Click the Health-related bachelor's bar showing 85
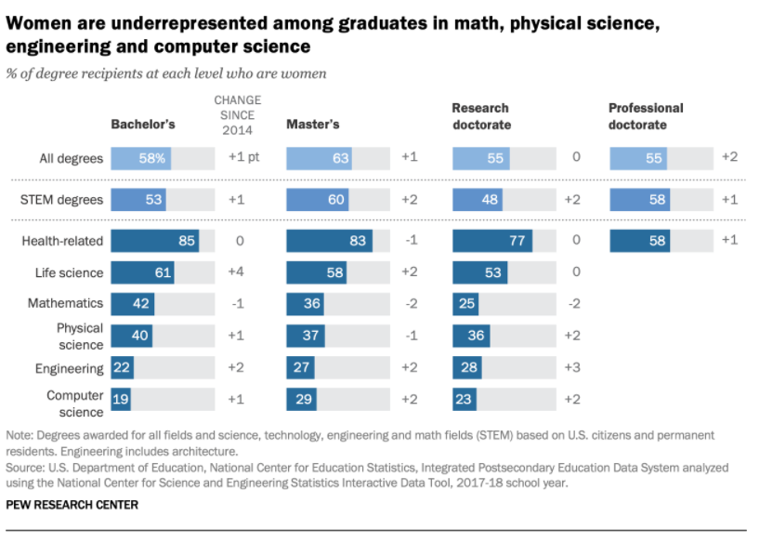[154, 242]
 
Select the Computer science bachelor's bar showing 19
[121, 400]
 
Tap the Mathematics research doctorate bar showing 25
[466, 304]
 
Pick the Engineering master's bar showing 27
[303, 367]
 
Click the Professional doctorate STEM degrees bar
[639, 199]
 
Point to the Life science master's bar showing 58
[318, 272]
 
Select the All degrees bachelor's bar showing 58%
[140, 158]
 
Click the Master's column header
[312, 124]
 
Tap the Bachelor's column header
[143, 124]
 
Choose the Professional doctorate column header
[646, 116]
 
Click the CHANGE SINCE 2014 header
[238, 115]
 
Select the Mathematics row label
[65, 304]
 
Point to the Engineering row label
[69, 368]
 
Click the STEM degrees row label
[61, 199]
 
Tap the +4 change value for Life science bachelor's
[236, 272]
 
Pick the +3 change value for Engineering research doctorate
[572, 367]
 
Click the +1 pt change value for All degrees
[243, 157]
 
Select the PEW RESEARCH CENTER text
[72, 505]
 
